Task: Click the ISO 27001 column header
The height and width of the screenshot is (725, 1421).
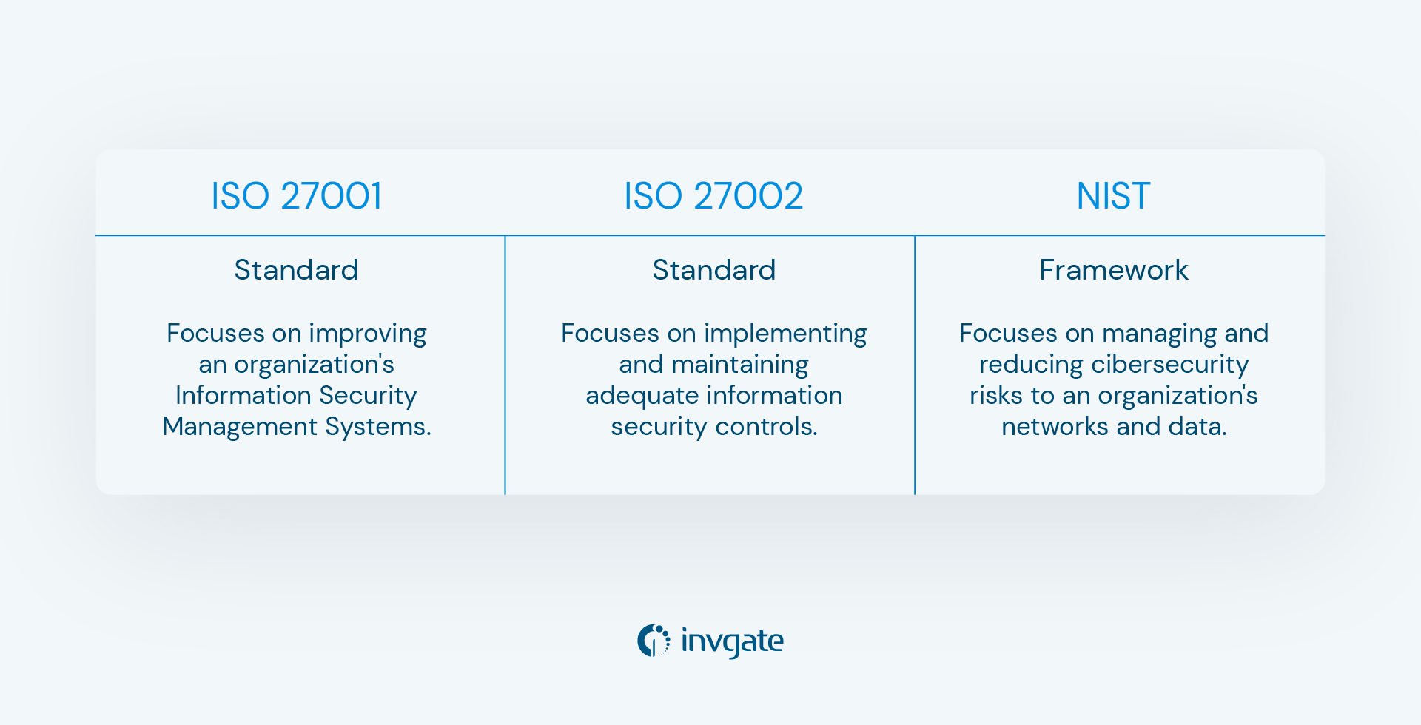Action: click(x=296, y=196)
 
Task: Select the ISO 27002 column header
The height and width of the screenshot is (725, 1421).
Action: click(x=713, y=196)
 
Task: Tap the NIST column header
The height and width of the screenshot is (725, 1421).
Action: click(x=1112, y=196)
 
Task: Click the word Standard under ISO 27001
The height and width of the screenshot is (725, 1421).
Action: click(x=296, y=270)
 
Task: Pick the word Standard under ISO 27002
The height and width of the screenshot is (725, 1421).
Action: click(x=713, y=270)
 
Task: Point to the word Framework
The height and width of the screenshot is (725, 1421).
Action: click(x=1113, y=270)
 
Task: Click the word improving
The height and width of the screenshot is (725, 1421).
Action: click(x=367, y=334)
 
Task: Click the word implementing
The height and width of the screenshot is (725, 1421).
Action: click(x=785, y=334)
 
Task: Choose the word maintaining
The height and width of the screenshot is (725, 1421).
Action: click(x=739, y=365)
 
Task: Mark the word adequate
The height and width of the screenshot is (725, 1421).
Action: click(x=631, y=396)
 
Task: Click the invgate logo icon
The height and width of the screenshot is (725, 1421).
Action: click(x=654, y=641)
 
